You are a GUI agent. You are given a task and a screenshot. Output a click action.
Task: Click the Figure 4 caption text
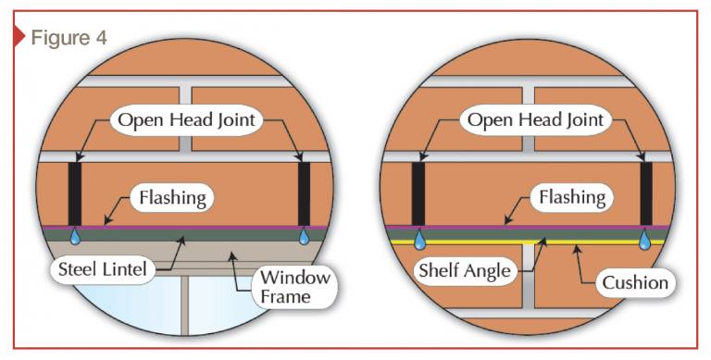69,38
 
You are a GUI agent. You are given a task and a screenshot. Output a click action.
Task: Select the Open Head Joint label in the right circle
534,119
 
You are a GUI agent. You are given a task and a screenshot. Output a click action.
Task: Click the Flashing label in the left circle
173,197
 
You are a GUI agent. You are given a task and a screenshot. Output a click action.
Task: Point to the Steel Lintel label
102,269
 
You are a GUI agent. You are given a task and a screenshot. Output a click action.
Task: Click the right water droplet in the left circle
305,238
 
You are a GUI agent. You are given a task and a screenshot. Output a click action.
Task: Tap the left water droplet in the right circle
419,240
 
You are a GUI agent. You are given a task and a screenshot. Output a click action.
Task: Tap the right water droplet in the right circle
646,240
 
